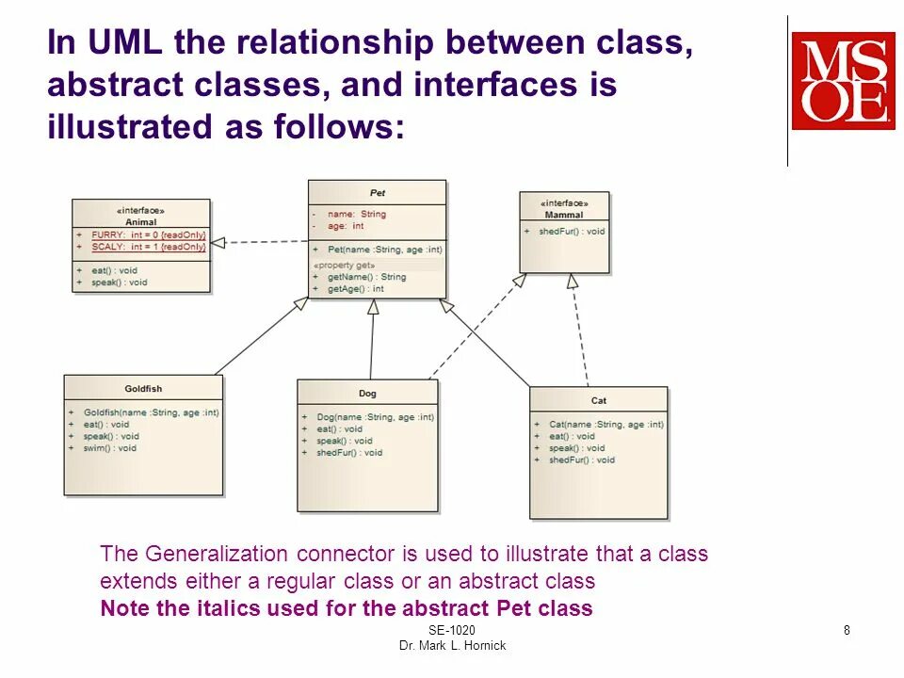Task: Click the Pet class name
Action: pos(378,193)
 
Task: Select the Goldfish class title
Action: pos(143,389)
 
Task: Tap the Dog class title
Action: pos(367,394)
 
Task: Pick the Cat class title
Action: pos(599,400)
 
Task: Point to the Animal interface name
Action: pos(141,222)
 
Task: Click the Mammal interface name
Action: pos(564,215)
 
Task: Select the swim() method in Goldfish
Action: pos(110,448)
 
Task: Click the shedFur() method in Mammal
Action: pos(571,232)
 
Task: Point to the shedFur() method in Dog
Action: pos(348,453)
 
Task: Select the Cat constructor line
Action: pos(605,425)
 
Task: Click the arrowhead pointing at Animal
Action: pos(218,242)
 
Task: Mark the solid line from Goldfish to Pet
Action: pos(259,337)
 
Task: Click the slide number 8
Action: pos(847,630)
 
